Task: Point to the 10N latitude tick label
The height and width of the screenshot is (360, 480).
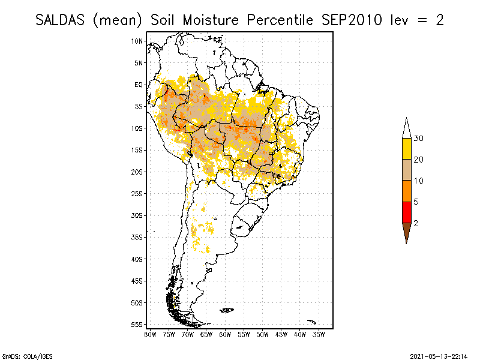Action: click(137, 41)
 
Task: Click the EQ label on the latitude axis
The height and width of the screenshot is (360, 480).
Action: click(139, 85)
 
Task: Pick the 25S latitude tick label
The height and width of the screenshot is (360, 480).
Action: click(137, 193)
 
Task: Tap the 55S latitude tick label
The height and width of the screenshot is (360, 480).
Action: click(137, 324)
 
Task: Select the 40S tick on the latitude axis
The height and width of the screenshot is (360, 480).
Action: click(137, 259)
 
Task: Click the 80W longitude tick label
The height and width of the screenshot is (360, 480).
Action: click(150, 334)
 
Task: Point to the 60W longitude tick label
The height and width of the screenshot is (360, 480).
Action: click(225, 334)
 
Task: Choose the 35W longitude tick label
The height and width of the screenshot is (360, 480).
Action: click(319, 334)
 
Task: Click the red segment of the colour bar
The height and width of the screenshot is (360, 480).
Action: click(406, 212)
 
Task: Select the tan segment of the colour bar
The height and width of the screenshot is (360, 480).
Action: click(406, 170)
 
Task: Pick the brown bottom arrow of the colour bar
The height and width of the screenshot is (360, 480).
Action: click(406, 231)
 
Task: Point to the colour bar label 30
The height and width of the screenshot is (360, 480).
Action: click(419, 139)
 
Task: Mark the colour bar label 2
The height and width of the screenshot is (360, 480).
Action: click(416, 223)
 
